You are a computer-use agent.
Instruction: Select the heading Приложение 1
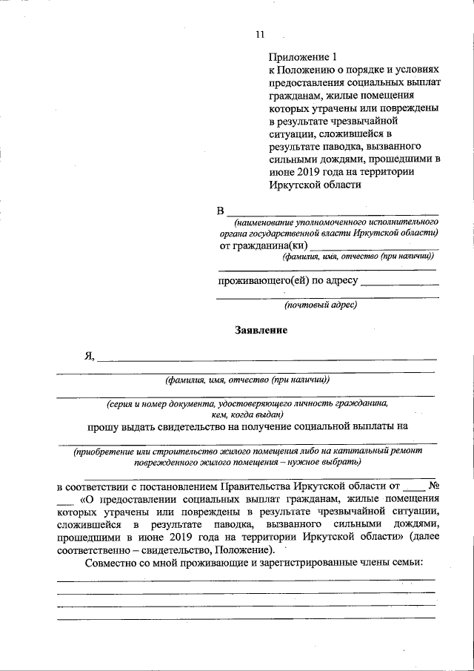(303, 56)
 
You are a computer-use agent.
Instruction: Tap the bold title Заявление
(261, 330)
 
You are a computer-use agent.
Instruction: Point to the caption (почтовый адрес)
(321, 304)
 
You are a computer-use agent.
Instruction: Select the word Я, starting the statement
(90, 355)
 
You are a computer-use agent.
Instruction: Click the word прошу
(103, 426)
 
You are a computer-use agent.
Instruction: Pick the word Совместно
(111, 563)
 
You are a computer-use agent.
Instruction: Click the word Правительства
(256, 487)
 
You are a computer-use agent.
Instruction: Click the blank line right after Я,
(267, 359)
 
